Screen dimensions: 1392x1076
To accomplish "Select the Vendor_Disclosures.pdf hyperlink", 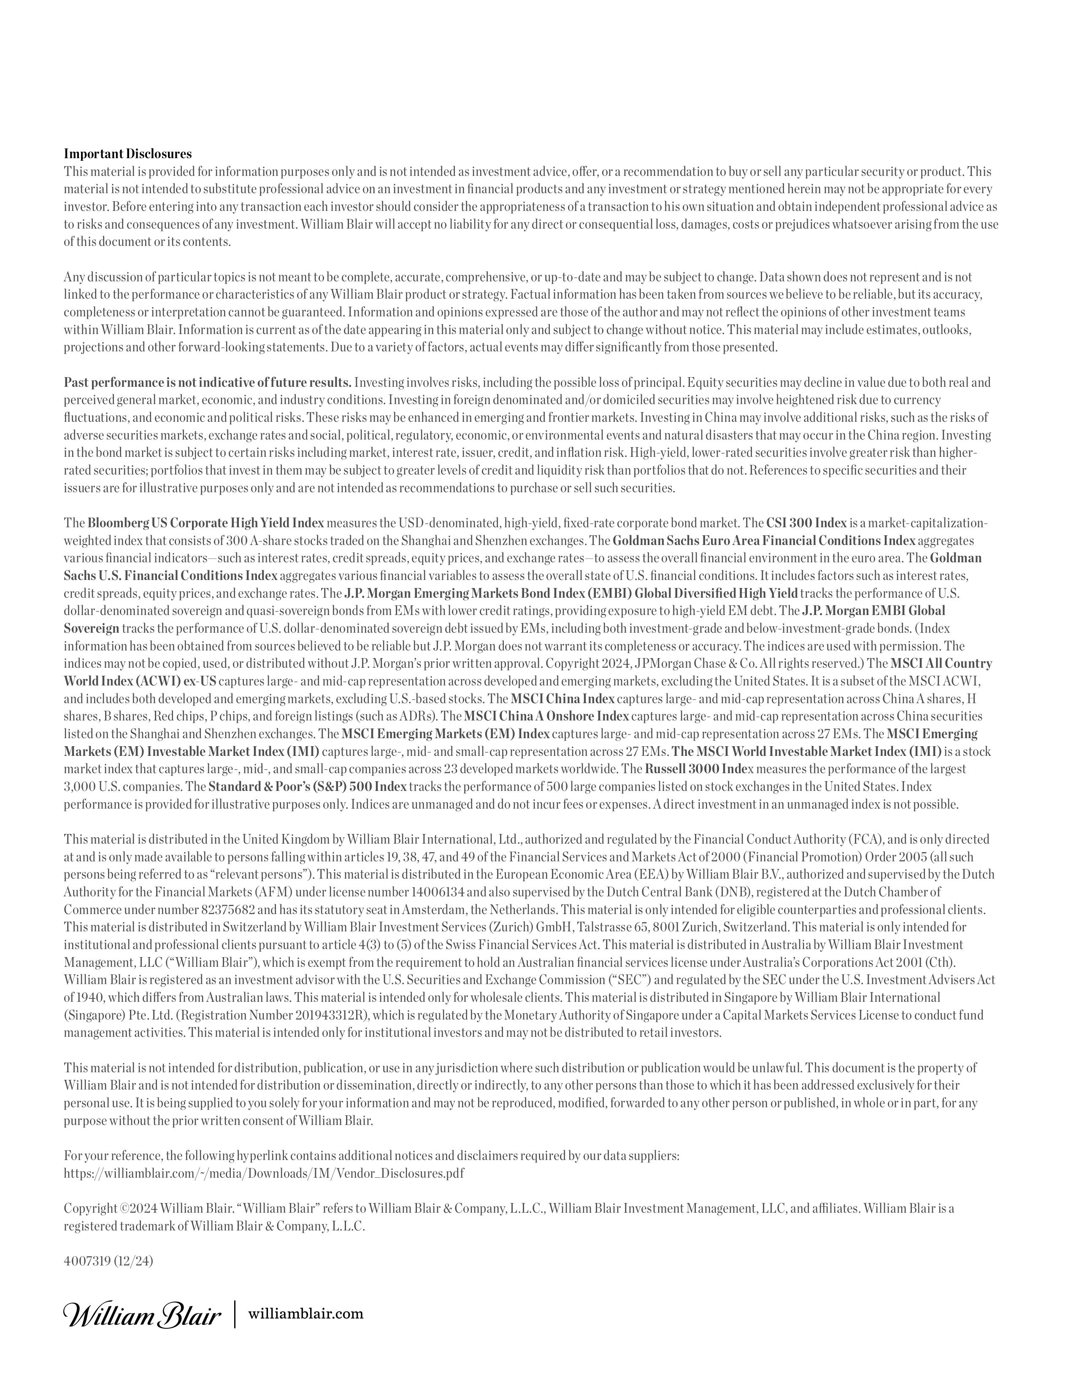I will [264, 1173].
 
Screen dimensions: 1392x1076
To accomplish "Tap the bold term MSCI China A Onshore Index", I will [546, 716].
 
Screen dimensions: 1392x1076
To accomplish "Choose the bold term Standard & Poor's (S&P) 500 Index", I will [307, 787].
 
